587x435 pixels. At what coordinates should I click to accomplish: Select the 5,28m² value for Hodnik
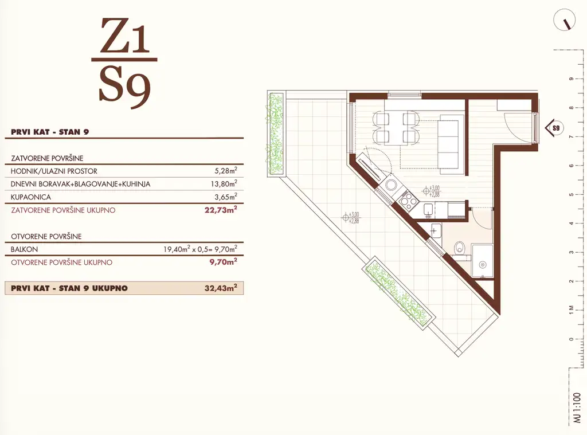[x=226, y=171]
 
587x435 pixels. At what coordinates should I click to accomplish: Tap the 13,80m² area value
[x=224, y=183]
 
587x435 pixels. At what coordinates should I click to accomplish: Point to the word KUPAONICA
[x=31, y=197]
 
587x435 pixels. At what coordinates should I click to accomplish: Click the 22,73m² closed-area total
[x=221, y=210]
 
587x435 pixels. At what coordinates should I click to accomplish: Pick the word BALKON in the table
[x=24, y=249]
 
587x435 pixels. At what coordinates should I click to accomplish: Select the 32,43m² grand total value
[x=221, y=288]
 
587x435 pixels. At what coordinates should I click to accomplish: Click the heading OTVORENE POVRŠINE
[x=46, y=237]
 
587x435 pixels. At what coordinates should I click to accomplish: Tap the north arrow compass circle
[x=564, y=19]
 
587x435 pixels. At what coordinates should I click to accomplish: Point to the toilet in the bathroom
[x=459, y=248]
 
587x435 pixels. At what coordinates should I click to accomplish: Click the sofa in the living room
[x=452, y=144]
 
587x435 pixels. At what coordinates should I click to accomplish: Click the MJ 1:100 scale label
[x=577, y=408]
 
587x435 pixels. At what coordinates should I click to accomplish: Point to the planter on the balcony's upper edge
[x=275, y=134]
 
